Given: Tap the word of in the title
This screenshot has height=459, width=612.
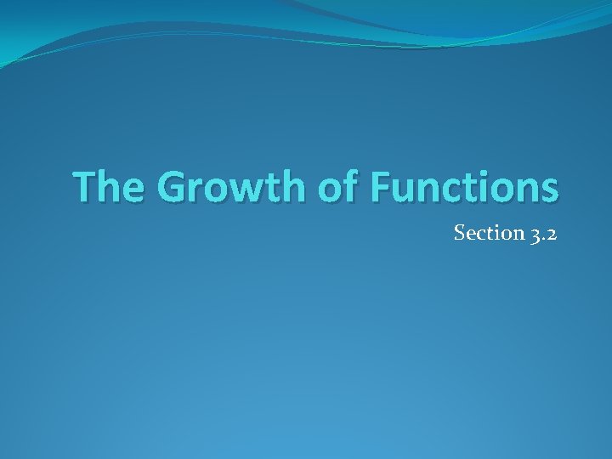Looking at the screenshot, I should tap(339, 187).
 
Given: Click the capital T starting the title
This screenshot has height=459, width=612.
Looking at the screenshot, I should tap(84, 187).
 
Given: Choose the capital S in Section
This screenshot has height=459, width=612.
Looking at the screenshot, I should tap(460, 233).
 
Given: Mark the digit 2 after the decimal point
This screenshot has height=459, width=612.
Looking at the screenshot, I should tap(551, 234).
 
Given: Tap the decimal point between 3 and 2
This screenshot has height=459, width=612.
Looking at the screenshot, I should tap(541, 239).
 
